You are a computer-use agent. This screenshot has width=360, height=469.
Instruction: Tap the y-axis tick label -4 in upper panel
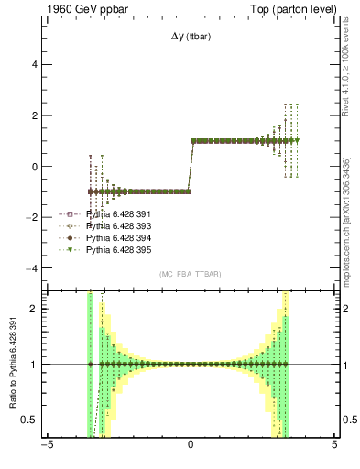[x=33, y=268]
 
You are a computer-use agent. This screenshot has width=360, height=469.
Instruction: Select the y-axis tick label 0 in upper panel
[x=36, y=167]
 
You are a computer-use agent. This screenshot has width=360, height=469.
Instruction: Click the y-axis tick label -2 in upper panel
[x=33, y=218]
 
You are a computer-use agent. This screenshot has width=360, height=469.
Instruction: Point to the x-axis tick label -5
[x=45, y=447]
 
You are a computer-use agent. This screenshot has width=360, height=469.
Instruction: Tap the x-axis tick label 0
[x=190, y=447]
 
